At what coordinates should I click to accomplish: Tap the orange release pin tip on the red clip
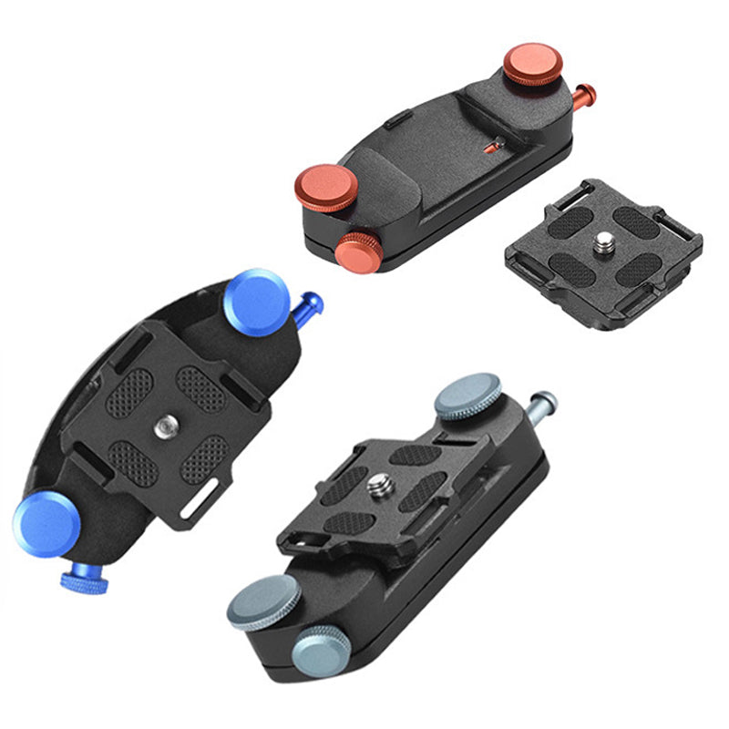[590, 91]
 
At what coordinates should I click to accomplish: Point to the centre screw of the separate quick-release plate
[604, 241]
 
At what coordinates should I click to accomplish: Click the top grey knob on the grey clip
[467, 396]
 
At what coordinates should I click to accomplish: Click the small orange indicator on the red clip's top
[495, 143]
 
